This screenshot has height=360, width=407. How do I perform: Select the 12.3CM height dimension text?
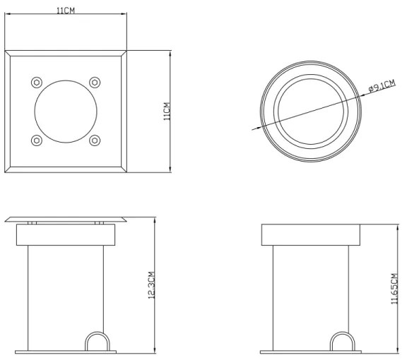(151, 286)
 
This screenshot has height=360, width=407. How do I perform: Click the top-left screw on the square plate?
(37, 83)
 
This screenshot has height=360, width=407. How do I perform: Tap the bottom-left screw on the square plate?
(37, 140)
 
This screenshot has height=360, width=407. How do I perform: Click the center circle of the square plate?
(66, 112)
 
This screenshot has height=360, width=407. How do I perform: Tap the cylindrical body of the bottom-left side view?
(66, 289)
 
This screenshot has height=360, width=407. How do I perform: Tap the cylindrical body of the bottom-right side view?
(311, 289)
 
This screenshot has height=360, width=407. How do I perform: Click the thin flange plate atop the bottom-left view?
(66, 220)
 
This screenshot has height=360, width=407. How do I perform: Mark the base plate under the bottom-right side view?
(311, 350)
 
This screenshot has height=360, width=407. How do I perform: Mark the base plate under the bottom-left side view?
(66, 350)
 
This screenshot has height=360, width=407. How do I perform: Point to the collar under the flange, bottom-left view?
(66, 234)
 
